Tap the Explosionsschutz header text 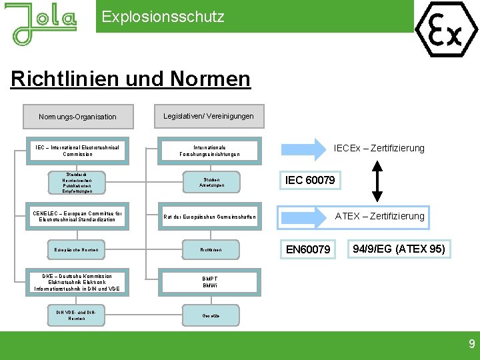[x=163, y=17]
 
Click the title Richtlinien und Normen [x=131, y=79]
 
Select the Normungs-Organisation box [x=77, y=117]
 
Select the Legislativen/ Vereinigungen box [x=209, y=116]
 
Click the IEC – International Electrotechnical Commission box [x=77, y=151]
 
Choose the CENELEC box [x=77, y=216]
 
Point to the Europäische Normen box [x=77, y=250]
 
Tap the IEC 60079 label [x=310, y=180]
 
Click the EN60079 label [x=308, y=249]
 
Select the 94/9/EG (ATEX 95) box [x=399, y=249]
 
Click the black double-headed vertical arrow [x=377, y=181]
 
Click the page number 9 [x=471, y=345]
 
